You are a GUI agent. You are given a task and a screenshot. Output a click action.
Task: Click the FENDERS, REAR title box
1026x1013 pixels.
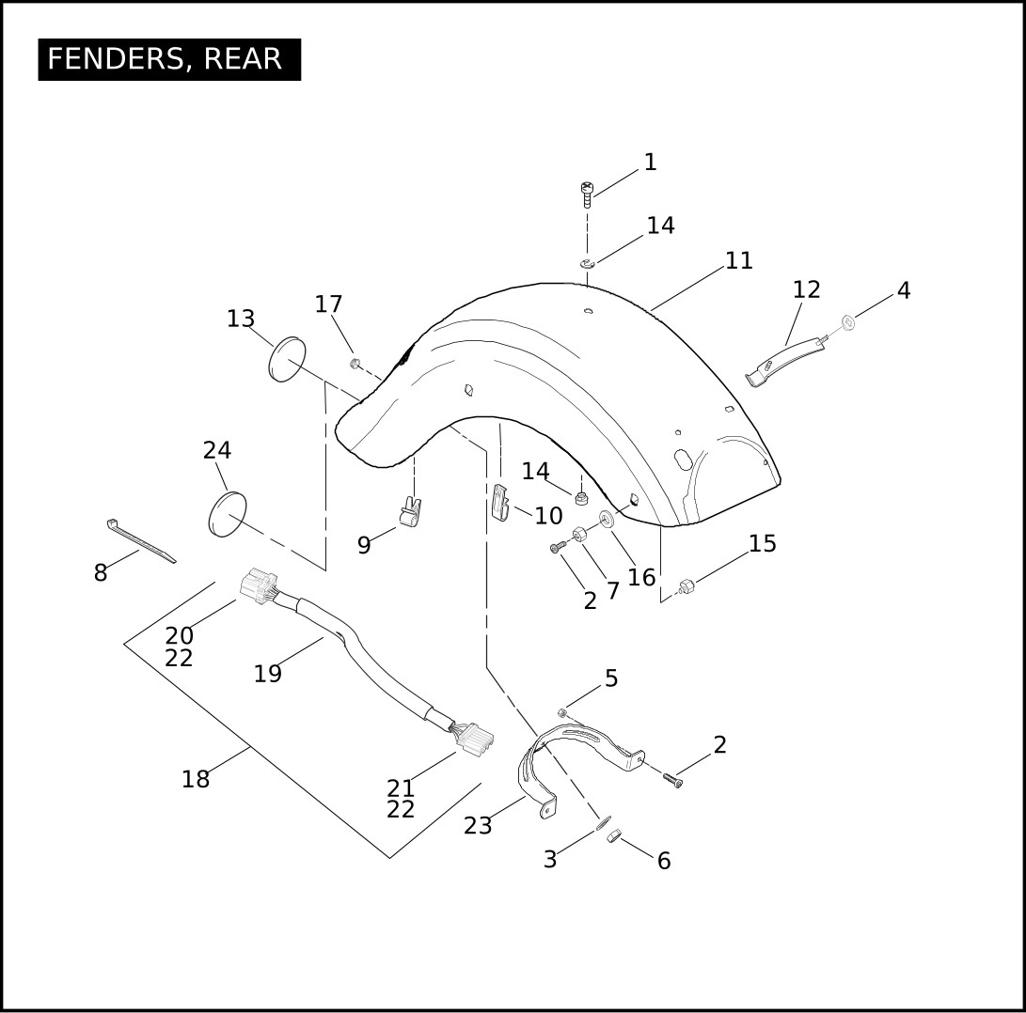[169, 59]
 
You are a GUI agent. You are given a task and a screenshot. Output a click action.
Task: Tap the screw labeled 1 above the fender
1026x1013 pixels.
[588, 195]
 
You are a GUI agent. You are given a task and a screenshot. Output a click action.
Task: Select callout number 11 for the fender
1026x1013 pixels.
[739, 261]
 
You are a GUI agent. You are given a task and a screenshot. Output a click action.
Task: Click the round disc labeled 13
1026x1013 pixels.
[287, 359]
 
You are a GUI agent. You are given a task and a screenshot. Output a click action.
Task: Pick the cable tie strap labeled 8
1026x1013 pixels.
[141, 541]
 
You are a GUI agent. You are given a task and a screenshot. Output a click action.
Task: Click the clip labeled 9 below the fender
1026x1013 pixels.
[410, 511]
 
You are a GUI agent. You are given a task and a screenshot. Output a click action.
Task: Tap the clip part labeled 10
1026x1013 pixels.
[500, 502]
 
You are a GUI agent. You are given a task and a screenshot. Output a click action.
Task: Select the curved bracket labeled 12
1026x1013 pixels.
[785, 361]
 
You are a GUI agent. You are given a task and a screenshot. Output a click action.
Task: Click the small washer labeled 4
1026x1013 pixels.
[848, 321]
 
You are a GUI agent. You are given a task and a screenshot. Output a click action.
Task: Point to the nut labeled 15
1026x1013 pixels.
[686, 586]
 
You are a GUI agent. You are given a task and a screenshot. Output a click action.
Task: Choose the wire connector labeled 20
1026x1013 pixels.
[260, 585]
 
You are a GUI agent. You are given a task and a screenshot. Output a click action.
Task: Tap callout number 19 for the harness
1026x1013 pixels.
[268, 674]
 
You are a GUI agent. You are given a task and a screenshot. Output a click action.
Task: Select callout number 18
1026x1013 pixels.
[196, 779]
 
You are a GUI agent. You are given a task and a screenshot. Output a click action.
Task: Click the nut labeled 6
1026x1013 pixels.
[613, 835]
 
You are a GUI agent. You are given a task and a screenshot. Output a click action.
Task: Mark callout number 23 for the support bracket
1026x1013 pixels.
[478, 826]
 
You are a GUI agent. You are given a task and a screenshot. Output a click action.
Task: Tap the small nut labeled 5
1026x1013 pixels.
[562, 712]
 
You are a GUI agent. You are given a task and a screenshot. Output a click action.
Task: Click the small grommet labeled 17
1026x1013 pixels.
[355, 363]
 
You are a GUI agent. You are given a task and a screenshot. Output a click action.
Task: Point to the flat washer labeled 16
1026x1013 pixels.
[608, 520]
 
